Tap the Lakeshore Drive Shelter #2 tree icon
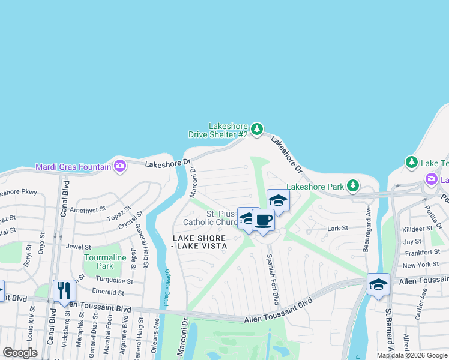257,129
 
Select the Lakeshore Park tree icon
354,186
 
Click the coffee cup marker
263,220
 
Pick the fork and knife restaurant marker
64,291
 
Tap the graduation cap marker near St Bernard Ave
378,284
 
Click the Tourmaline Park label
98,262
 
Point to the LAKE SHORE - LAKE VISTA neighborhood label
200,242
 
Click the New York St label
421,265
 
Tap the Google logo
20,353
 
